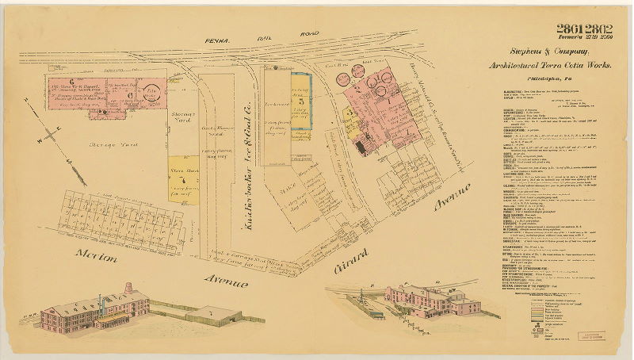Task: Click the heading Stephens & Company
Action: pos(548,54)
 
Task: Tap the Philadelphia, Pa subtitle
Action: pos(547,81)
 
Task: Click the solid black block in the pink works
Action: pos(361,145)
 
